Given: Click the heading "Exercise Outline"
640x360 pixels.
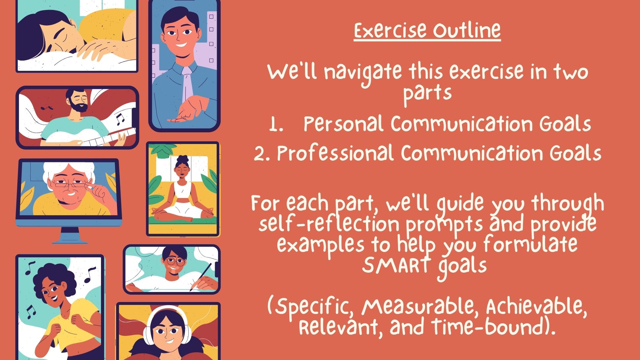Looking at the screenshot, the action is click(x=427, y=31).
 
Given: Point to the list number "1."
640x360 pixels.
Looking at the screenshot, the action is click(x=276, y=124).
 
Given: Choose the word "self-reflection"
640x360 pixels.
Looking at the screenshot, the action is click(x=329, y=224).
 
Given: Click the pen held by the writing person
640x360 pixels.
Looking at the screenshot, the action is click(x=201, y=276).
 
